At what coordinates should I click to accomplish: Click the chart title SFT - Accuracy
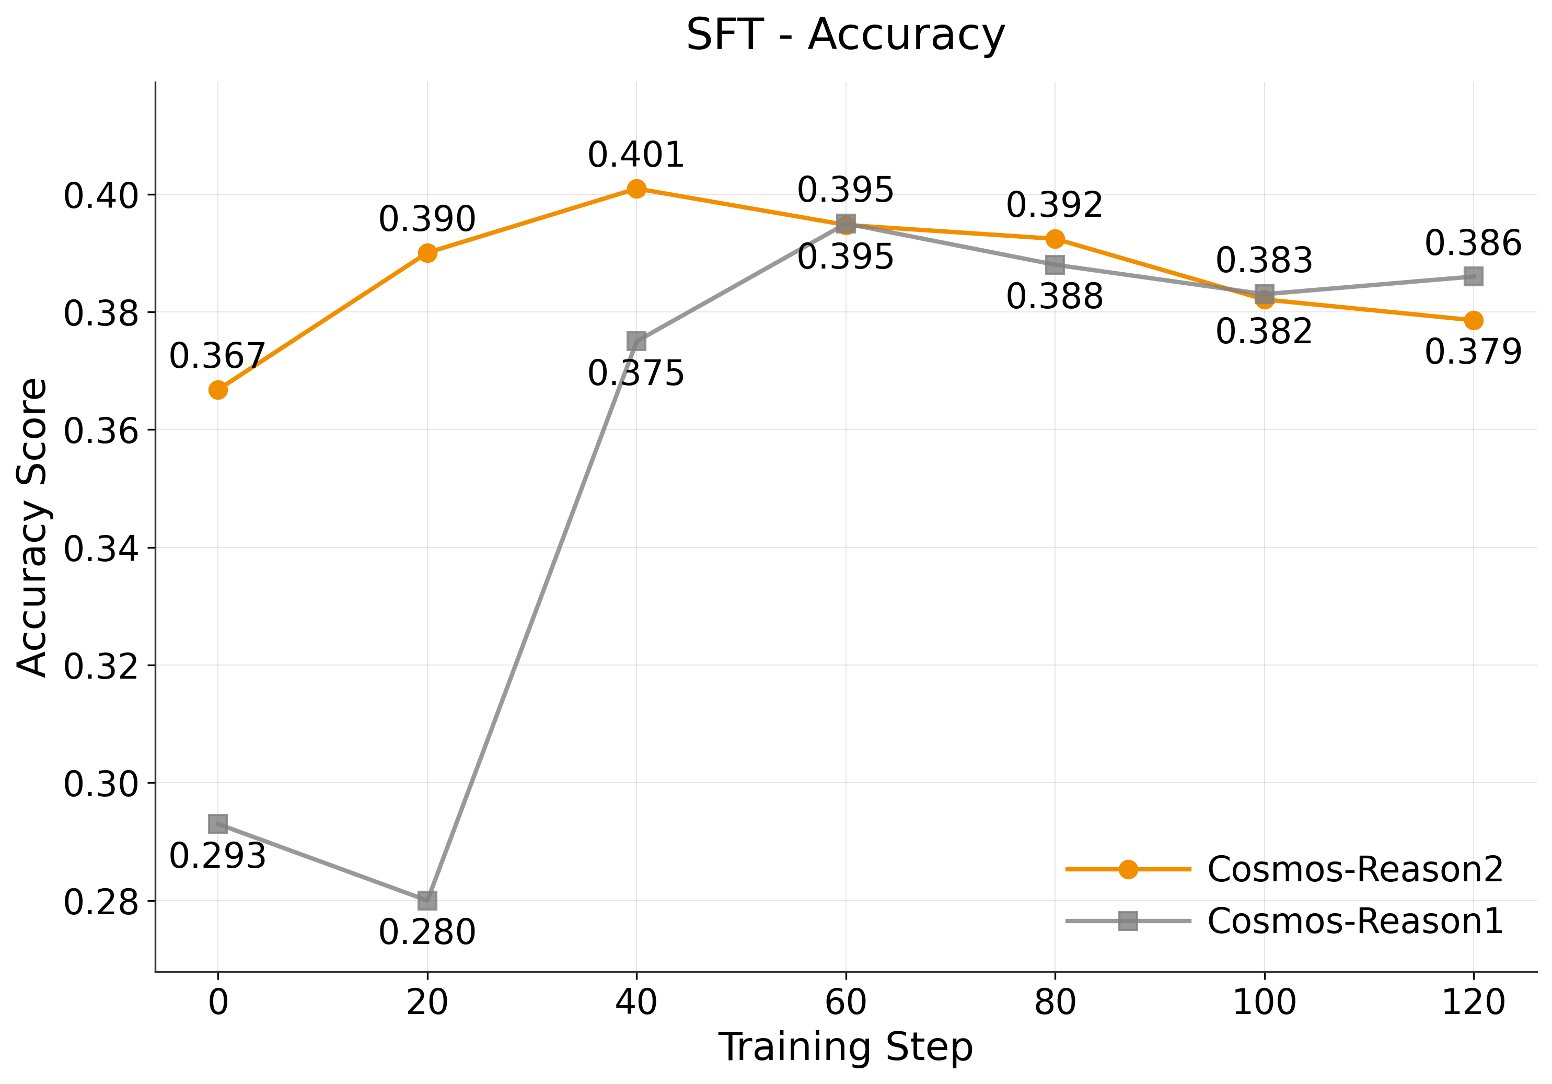tap(845, 35)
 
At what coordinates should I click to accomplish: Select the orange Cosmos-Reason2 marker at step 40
tap(636, 189)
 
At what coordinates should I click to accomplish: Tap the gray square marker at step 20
tap(427, 900)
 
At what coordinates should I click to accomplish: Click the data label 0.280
tap(427, 933)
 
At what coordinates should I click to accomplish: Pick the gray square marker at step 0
tap(218, 823)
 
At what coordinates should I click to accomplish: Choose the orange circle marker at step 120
tap(1474, 320)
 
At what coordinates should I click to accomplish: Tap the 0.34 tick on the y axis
tap(101, 548)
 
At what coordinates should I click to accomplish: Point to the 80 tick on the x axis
tap(1055, 1001)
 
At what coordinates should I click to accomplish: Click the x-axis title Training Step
tap(845, 1047)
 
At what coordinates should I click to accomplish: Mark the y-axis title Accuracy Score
tap(32, 527)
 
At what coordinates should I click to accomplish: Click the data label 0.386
tap(1474, 243)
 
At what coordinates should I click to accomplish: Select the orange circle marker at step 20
tap(427, 253)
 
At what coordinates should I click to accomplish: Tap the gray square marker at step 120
tap(1474, 276)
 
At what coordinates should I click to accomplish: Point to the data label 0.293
tap(218, 856)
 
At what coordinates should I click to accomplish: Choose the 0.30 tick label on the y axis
tap(101, 784)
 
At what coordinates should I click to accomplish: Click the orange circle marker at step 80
tap(1055, 239)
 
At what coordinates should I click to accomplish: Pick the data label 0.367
tap(218, 356)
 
